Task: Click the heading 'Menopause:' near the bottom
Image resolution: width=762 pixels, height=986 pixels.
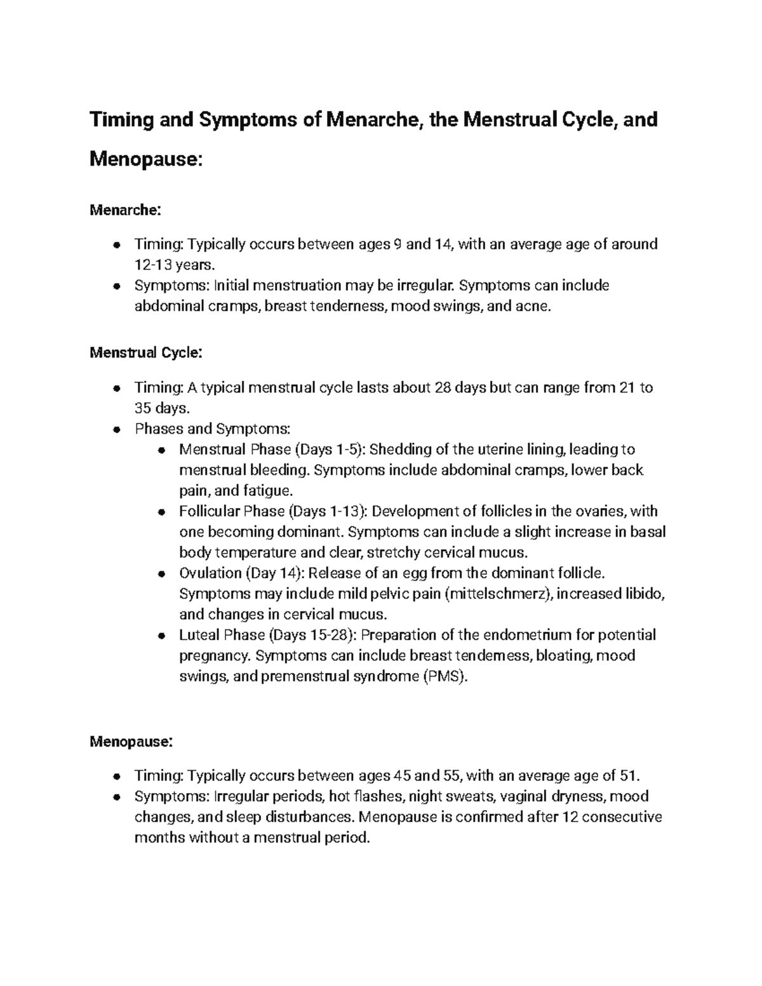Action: [x=131, y=741]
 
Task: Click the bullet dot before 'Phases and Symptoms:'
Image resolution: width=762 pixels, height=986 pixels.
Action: [x=116, y=429]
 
